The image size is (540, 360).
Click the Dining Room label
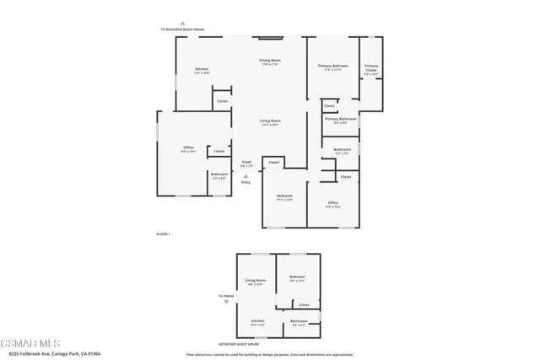pos(269,61)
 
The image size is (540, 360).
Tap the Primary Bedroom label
pos(333,66)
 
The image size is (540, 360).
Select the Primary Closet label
pos(371,67)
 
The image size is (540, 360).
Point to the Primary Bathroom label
pos(341,119)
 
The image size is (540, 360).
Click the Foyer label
pos(246,161)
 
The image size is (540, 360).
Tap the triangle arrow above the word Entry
pos(246,175)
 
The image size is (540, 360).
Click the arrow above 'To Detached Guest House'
pos(181,23)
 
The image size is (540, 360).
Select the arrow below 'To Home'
pos(226,302)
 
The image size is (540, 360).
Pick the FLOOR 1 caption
pos(164,234)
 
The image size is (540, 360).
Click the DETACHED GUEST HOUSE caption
pos(239,344)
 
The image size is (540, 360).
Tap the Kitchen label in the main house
pos(202,69)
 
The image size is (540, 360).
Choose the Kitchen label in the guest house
pos(256,321)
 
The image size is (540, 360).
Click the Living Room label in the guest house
pos(256,280)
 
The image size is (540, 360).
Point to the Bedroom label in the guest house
pos(296,277)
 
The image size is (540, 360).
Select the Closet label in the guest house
pos(304,304)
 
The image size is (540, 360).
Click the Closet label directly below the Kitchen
pos(222,101)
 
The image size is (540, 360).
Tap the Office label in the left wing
pos(188,148)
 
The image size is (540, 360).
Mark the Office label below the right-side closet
pos(333,202)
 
